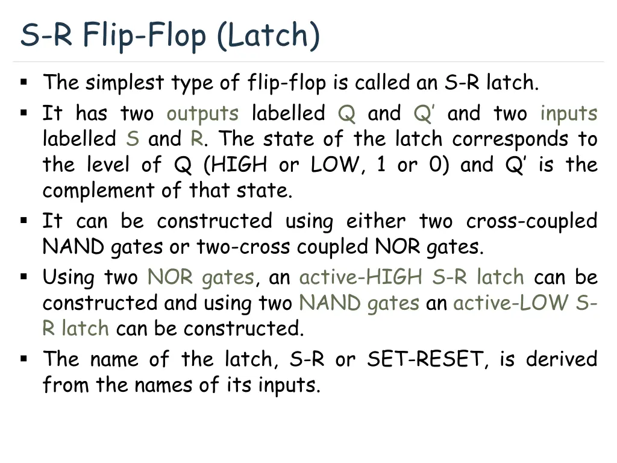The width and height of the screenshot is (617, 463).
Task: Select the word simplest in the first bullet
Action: tap(124, 82)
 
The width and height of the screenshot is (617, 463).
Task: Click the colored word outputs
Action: tap(202, 113)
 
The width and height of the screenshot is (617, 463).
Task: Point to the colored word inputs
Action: tap(569, 113)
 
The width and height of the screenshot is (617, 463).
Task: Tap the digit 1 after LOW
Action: tap(380, 165)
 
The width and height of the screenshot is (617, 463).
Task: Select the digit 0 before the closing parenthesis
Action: tap(436, 165)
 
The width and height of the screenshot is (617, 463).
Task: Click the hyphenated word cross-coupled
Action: tap(531, 221)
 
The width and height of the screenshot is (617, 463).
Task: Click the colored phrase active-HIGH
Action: tap(360, 277)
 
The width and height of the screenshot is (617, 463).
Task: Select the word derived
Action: tap(562, 359)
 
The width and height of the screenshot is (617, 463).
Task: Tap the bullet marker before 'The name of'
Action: tap(24, 359)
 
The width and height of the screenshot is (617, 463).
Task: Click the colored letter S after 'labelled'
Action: tap(133, 139)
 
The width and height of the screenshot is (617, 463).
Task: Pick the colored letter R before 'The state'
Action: tap(196, 139)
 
